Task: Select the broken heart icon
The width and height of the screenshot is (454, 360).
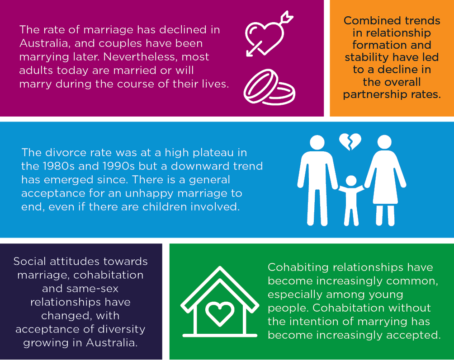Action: (x=350, y=141)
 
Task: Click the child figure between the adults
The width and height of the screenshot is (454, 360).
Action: (x=350, y=199)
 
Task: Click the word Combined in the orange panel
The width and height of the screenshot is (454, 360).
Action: (x=367, y=21)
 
